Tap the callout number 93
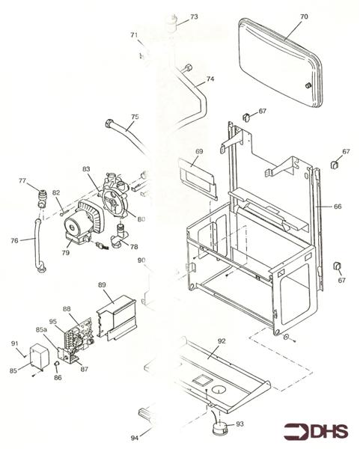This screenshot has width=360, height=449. (x=240, y=424)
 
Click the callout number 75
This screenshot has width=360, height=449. (x=135, y=117)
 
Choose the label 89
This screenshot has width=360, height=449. (x=102, y=285)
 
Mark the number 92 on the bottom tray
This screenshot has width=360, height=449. (x=221, y=341)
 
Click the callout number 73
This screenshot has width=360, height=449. (x=194, y=16)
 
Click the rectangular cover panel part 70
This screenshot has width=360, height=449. (x=277, y=67)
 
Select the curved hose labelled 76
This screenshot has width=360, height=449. (x=35, y=245)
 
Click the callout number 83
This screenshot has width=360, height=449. (x=87, y=171)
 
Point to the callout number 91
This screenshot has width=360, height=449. (x=15, y=343)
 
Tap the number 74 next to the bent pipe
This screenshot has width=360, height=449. (x=210, y=79)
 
